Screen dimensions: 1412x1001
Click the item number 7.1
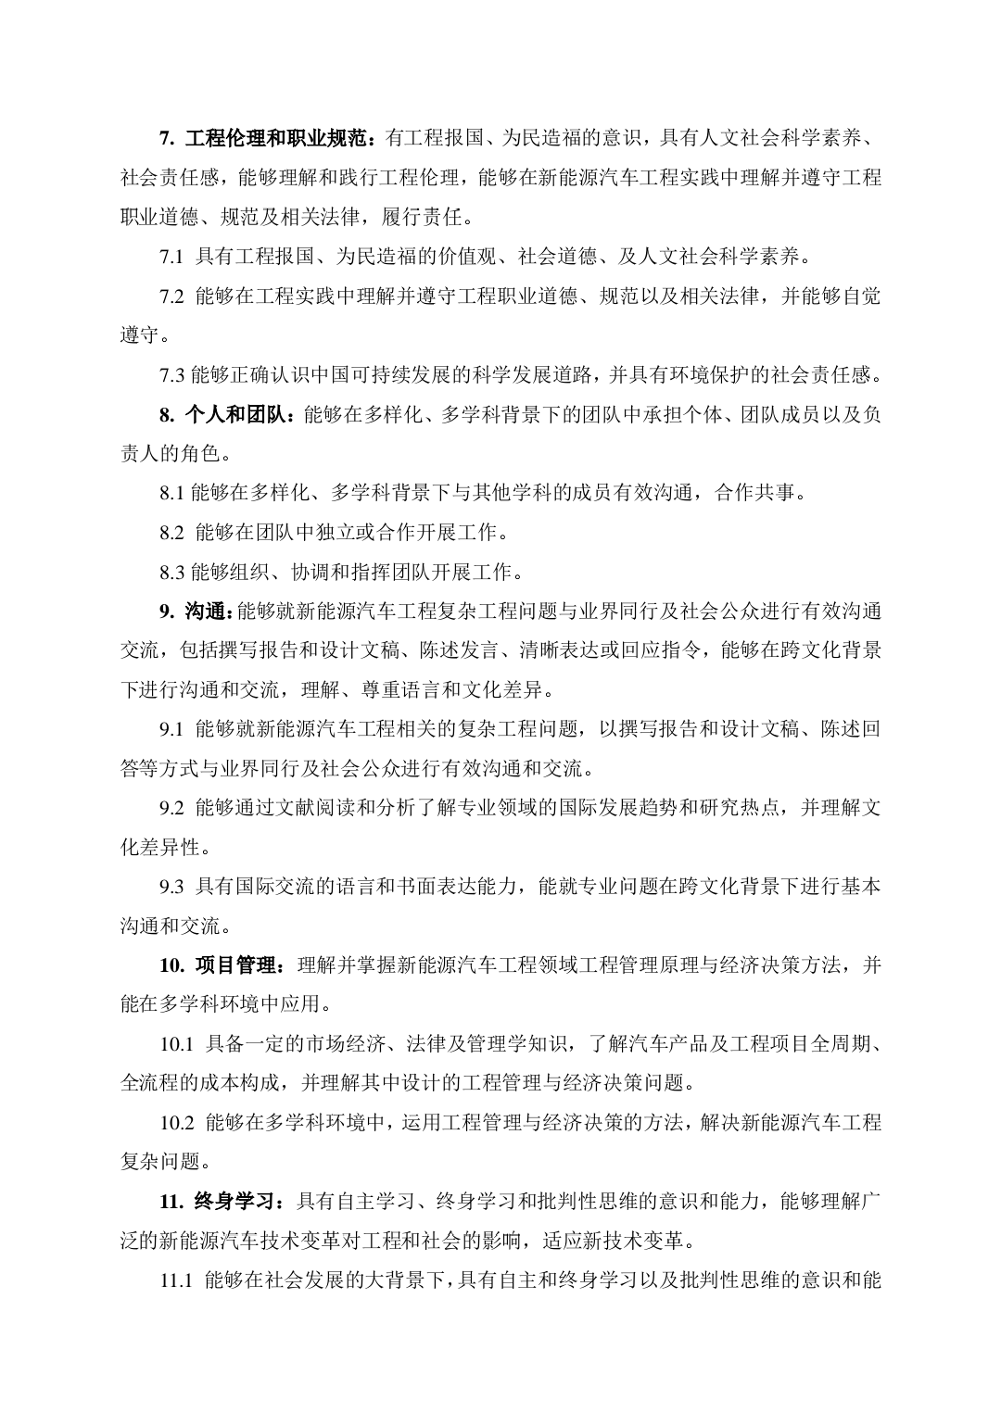[x=172, y=257]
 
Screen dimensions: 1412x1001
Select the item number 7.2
[x=172, y=296]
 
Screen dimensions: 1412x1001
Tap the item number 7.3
[x=172, y=375]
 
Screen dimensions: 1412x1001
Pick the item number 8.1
[x=172, y=493]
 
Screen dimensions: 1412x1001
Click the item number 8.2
[x=172, y=533]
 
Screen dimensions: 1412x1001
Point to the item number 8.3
[x=172, y=572]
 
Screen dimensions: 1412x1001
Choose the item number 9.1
[x=172, y=729]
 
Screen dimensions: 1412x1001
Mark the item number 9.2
[x=172, y=808]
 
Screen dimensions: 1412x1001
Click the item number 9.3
[x=172, y=887]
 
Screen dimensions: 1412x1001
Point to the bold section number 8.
[x=167, y=414]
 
